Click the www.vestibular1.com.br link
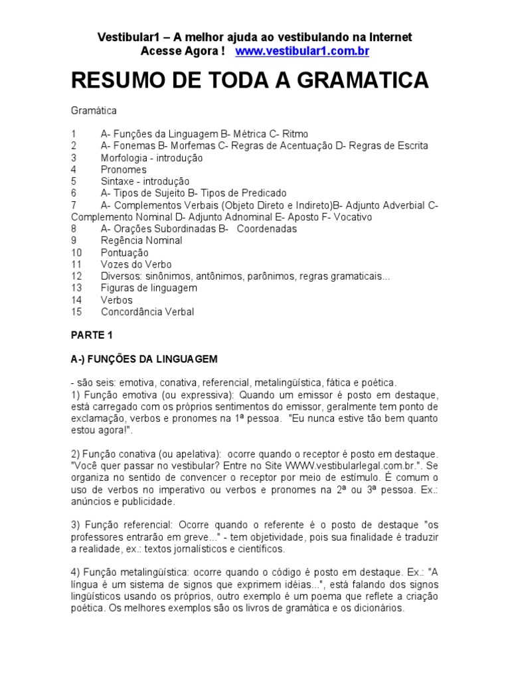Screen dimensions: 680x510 coord(302,50)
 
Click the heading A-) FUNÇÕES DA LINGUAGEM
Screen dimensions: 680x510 coord(144,359)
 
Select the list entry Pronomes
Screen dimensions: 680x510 coord(124,169)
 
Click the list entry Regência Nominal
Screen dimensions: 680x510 coord(141,240)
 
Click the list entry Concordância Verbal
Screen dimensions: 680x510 coord(147,311)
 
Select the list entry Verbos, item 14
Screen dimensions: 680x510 coord(117,300)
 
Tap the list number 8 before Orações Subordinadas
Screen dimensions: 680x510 coord(74,228)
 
